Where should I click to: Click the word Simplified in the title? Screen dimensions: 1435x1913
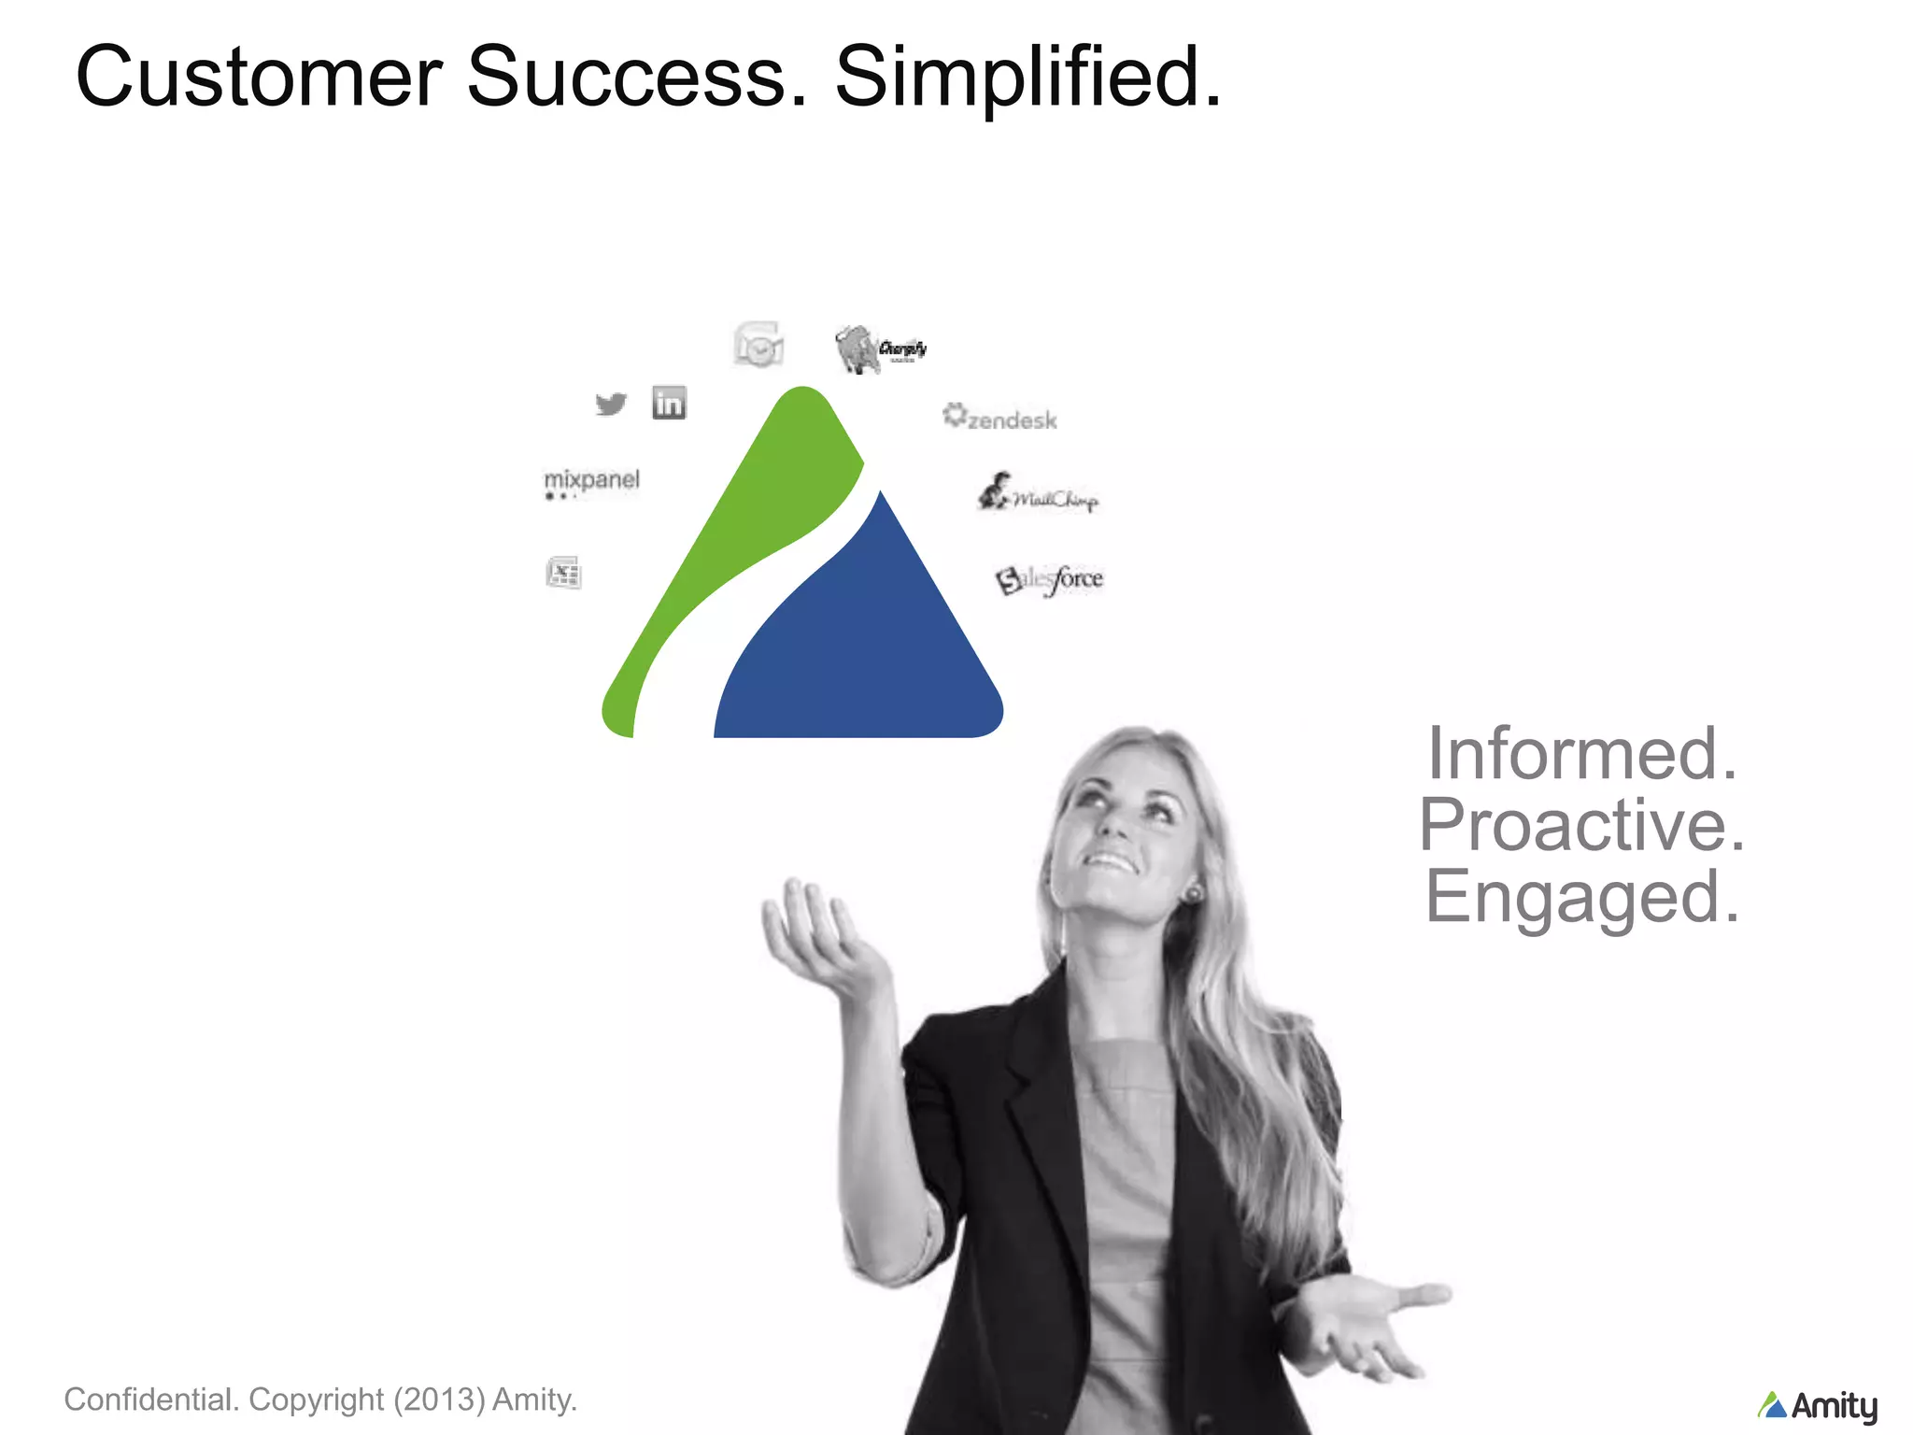1027,77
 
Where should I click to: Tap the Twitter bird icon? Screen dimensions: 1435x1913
611,404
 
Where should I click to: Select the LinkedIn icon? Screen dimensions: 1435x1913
669,403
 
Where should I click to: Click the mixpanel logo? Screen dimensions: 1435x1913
591,480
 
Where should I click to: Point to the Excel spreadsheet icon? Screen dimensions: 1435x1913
563,573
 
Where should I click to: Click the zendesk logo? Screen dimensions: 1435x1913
1000,418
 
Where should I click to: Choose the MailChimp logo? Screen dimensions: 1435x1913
1038,493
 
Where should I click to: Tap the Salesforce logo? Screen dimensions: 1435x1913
1049,579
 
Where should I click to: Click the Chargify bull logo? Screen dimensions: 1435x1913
879,349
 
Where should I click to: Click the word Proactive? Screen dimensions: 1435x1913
1581,825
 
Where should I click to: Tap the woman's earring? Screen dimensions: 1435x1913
1193,894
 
